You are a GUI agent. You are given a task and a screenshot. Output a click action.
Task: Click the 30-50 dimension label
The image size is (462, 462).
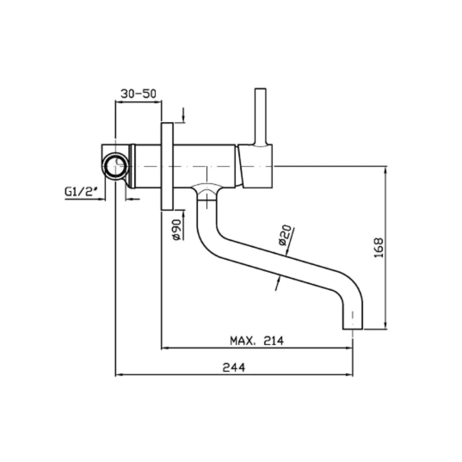[138, 94]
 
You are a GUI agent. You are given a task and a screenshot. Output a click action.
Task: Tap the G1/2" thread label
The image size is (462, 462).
[81, 192]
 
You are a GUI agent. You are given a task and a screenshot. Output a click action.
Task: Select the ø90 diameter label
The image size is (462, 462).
[176, 230]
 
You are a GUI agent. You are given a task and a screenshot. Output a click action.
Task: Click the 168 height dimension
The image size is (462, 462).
[379, 248]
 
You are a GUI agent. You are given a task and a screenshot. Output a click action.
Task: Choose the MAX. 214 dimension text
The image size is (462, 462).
[256, 340]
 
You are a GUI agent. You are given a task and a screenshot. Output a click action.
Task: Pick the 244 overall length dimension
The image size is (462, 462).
[234, 367]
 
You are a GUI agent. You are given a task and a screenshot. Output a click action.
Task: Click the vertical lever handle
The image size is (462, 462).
[261, 117]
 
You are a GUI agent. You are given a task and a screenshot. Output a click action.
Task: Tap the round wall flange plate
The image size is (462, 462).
[167, 166]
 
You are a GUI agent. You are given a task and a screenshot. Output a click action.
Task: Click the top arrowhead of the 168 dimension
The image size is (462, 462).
[385, 170]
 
